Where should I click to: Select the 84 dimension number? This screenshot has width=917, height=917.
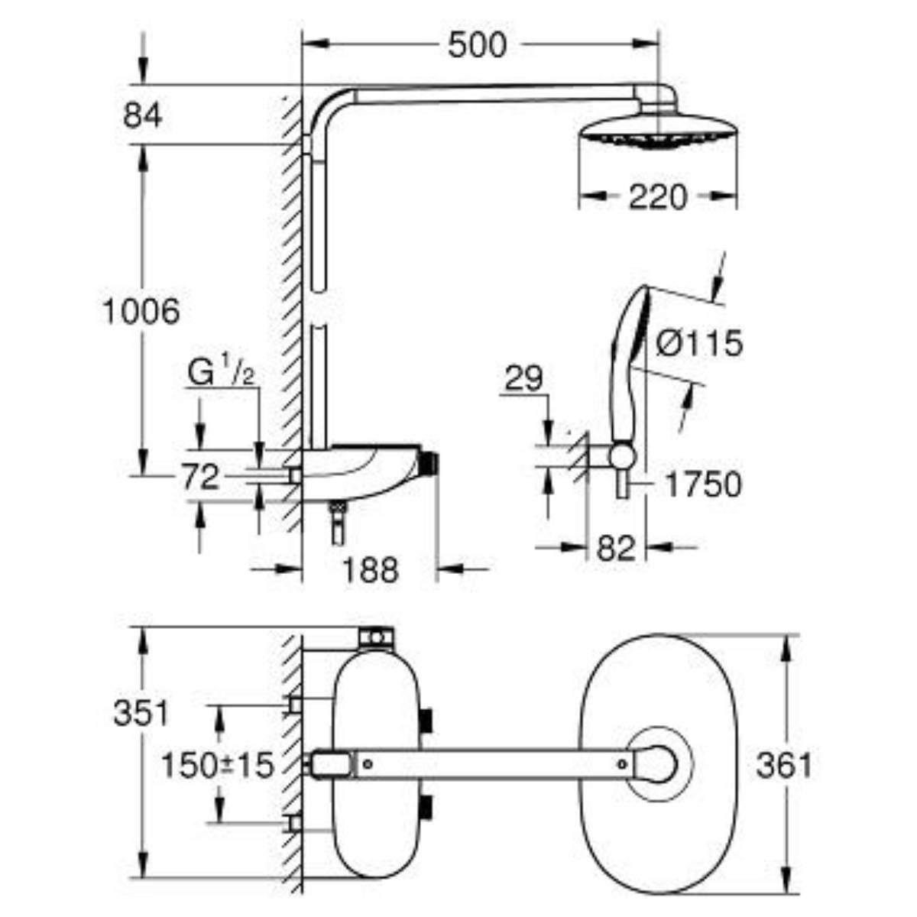point(142,116)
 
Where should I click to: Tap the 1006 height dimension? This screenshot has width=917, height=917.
point(141,311)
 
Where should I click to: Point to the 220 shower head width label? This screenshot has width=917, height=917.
point(657,199)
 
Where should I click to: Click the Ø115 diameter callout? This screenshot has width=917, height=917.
point(699,344)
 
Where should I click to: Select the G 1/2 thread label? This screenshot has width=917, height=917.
point(221,374)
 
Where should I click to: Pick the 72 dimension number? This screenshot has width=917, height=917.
point(200,478)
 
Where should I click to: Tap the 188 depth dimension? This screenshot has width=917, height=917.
point(370,569)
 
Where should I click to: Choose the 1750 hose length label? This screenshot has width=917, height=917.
point(702,484)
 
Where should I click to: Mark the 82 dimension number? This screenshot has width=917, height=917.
point(616,548)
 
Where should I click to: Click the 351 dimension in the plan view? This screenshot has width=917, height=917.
point(141,714)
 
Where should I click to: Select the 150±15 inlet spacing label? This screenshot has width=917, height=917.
point(217,765)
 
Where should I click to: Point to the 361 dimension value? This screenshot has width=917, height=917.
point(783,765)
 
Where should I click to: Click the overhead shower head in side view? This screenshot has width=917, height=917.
point(656,131)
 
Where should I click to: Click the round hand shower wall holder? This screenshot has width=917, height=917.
point(622,456)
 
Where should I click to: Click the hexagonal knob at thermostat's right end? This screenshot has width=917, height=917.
point(429,462)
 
